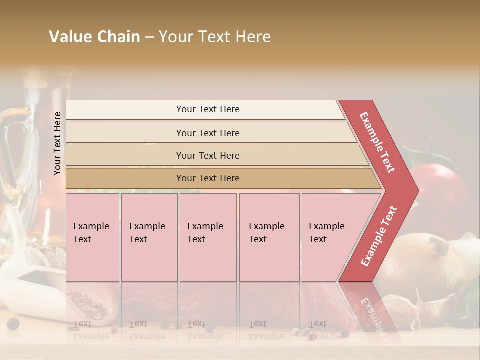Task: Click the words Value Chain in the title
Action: [94, 37]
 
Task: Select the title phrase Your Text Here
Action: [215, 37]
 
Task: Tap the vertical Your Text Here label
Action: [57, 143]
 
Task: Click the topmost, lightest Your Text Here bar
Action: [207, 109]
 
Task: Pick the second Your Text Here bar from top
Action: [207, 133]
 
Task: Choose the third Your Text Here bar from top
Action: [207, 155]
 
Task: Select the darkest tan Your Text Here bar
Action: [207, 178]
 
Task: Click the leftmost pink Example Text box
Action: [92, 237]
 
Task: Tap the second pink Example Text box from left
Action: [149, 237]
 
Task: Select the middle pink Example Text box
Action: [208, 237]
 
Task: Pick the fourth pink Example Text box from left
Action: [269, 237]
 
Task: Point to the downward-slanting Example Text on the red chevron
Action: [377, 142]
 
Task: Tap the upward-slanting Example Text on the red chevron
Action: [379, 236]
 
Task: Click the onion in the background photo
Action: [420, 265]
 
